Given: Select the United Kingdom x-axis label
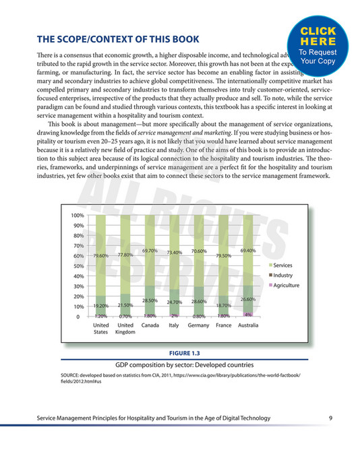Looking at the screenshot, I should point(125,328).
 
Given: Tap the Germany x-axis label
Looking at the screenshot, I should point(198,325).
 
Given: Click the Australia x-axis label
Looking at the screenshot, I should point(248,325).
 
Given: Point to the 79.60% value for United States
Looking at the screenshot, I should point(101,256).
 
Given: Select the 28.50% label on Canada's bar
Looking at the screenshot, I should point(149,300).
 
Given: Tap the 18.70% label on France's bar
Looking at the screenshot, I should point(223,305).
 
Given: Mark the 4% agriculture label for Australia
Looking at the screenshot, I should point(248,315).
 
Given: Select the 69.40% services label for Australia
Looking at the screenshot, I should point(248,251).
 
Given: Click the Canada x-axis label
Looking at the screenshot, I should point(150,325).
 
